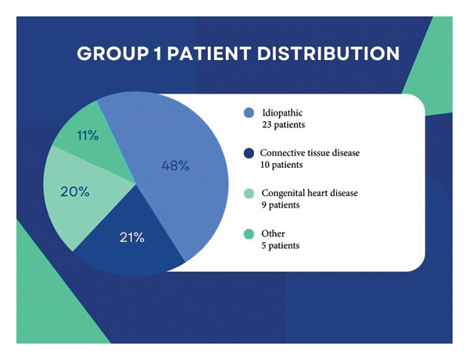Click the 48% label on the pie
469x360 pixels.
(175, 166)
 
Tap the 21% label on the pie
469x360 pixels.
(132, 237)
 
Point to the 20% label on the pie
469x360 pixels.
(75, 191)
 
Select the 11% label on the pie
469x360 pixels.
(88, 135)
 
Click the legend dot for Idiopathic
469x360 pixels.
(249, 113)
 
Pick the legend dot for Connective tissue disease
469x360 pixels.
(249, 153)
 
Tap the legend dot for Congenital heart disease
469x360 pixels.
(249, 194)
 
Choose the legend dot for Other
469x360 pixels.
(249, 234)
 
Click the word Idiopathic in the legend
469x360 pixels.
(282, 113)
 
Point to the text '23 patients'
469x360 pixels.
(284, 125)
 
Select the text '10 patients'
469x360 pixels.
(281, 165)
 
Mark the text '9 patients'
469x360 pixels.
(281, 205)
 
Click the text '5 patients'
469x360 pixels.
(281, 245)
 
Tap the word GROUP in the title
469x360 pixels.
(113, 53)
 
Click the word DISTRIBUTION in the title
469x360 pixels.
(328, 53)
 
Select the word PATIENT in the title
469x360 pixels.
(209, 53)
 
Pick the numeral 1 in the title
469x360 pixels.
(158, 53)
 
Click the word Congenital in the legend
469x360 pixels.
(283, 194)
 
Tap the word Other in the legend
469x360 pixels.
(273, 233)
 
